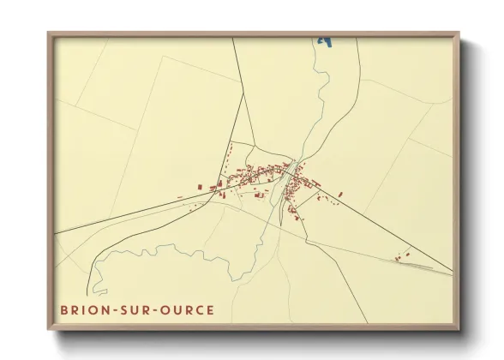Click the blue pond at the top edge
pos(324,39)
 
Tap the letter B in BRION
pos(63,309)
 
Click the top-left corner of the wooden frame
pos(49,33)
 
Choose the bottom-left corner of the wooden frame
pos(49,328)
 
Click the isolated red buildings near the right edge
pos(402,255)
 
